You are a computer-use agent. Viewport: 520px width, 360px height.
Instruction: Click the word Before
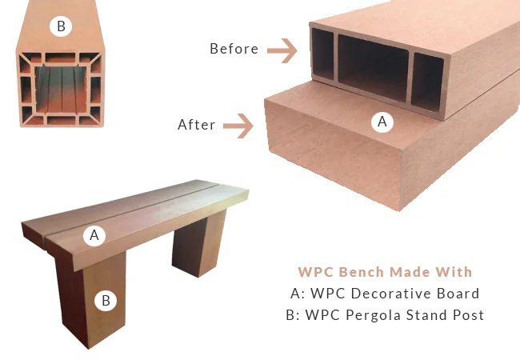[x=234, y=49]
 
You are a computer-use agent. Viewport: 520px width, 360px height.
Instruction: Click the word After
[x=197, y=125]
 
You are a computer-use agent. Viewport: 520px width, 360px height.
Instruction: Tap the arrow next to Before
[x=282, y=50]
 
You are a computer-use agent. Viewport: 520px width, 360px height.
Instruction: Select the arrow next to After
[x=238, y=126]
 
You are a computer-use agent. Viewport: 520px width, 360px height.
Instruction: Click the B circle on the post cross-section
[x=61, y=26]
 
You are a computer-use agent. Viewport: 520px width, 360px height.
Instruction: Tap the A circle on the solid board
[x=382, y=122]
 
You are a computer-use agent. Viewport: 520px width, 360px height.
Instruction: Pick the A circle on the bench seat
[x=94, y=235]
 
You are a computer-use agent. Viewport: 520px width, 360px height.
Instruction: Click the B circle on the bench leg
[x=106, y=301]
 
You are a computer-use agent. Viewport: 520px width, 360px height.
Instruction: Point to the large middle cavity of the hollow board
[x=373, y=68]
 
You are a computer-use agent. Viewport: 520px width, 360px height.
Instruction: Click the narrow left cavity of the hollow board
[x=322, y=54]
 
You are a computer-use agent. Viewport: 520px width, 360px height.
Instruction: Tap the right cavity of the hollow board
[x=429, y=82]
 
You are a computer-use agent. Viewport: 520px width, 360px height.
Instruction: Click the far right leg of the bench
[x=199, y=244]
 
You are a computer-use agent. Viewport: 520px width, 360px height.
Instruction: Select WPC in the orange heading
[x=316, y=272]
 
